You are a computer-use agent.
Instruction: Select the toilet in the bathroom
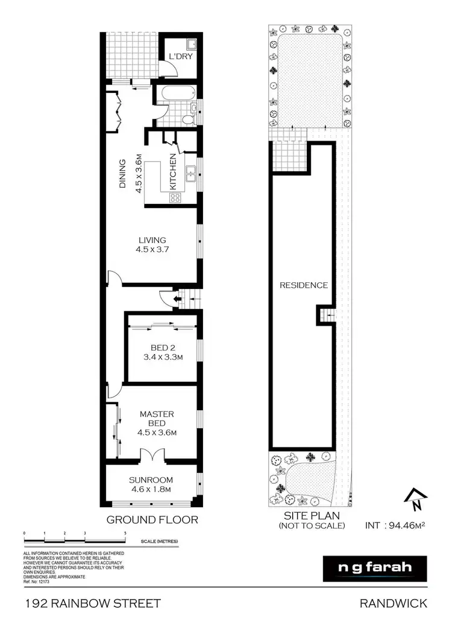(188, 119)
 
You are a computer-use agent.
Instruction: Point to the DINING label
(122, 174)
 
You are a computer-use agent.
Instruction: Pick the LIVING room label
(151, 240)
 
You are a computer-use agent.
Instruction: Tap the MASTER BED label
(157, 419)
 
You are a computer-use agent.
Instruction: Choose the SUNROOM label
(151, 480)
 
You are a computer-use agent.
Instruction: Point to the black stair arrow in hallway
(177, 297)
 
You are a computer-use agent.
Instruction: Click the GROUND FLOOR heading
(152, 519)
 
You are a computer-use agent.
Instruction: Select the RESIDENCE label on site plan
(303, 285)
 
